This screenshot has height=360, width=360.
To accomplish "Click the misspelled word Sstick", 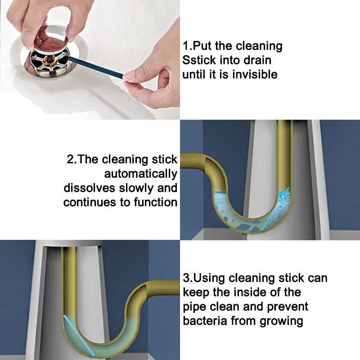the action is (x=199, y=60).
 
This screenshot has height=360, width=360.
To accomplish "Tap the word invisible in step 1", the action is (x=255, y=74).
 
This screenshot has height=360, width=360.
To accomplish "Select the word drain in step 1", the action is (x=257, y=60).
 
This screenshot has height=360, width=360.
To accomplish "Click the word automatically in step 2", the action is (x=141, y=174).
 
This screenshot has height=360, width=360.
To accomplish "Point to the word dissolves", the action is (x=89, y=188).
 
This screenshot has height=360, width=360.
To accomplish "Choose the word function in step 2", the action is (x=155, y=202).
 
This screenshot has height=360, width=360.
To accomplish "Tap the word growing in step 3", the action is (x=281, y=321).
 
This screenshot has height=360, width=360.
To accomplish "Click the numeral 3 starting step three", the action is (x=186, y=278).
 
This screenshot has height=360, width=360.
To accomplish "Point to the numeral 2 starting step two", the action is (x=70, y=159).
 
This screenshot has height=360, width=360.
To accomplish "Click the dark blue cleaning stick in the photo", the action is (x=96, y=67).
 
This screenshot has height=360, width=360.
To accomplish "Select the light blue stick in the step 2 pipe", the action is (x=275, y=209).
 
